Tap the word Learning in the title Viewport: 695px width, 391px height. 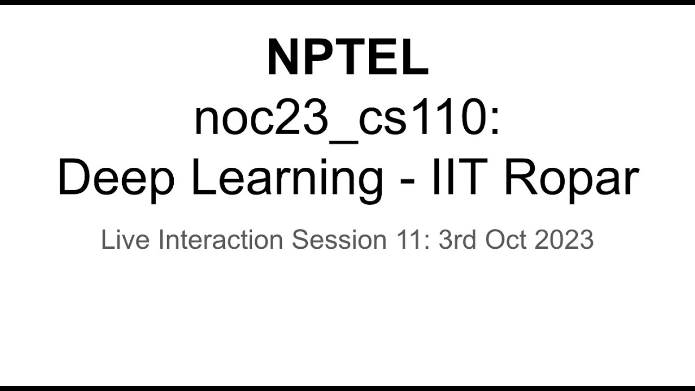tap(287, 180)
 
